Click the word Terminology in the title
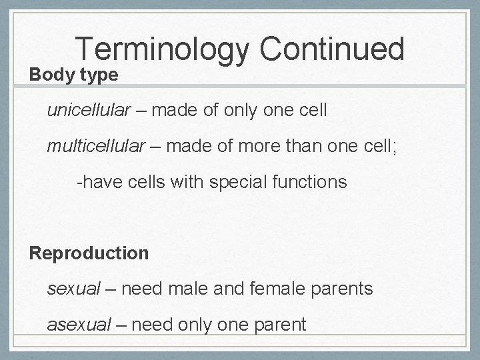(x=163, y=49)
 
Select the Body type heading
(x=73, y=74)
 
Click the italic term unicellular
(x=89, y=110)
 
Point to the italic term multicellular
(x=95, y=145)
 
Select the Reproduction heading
(x=89, y=253)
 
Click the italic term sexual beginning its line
(x=73, y=289)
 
